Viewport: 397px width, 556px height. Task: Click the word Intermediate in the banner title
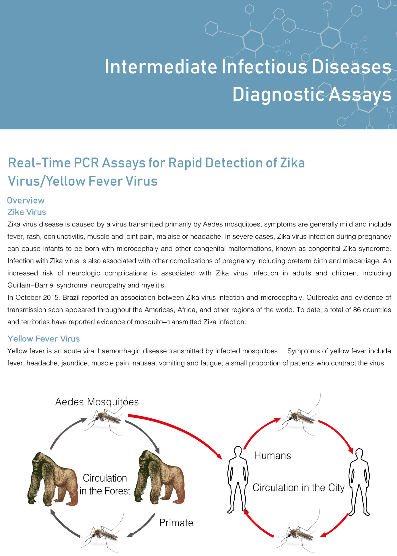pyautogui.click(x=161, y=67)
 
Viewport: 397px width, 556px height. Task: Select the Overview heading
pyautogui.click(x=26, y=200)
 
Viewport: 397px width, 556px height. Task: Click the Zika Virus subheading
pyautogui.click(x=27, y=212)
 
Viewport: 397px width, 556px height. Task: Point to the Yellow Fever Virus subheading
pyautogui.click(x=44, y=339)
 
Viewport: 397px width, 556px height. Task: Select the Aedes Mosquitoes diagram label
pyautogui.click(x=97, y=402)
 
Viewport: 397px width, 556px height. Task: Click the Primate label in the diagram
pyautogui.click(x=176, y=523)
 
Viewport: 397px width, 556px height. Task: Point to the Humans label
pyautogui.click(x=273, y=456)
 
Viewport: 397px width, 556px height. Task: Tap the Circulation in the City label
pyautogui.click(x=298, y=488)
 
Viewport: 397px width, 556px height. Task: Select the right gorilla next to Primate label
pyautogui.click(x=160, y=478)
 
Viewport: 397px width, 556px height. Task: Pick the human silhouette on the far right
pyautogui.click(x=359, y=482)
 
